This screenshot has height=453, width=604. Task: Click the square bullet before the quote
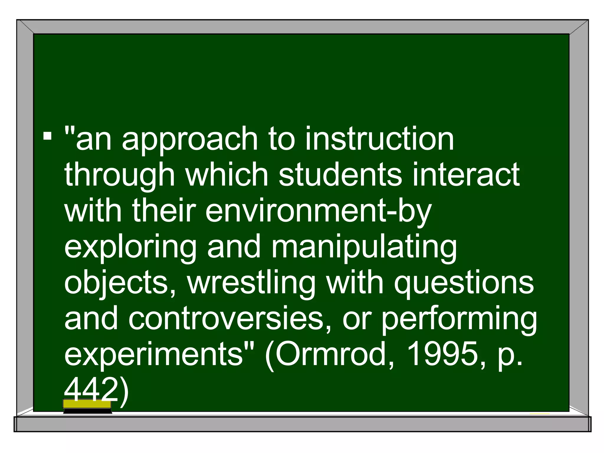click(x=47, y=136)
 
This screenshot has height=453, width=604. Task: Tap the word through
click(x=119, y=176)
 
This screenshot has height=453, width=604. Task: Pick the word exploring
click(x=130, y=248)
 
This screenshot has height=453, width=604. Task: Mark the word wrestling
click(x=251, y=283)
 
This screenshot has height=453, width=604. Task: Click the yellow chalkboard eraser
click(x=87, y=406)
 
